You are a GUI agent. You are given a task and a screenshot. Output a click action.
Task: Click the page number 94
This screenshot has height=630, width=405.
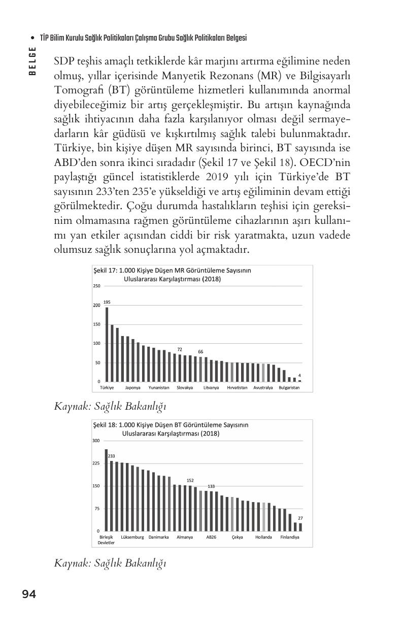coord(29,594)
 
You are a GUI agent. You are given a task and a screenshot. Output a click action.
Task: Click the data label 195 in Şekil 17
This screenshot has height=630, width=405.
coord(107,302)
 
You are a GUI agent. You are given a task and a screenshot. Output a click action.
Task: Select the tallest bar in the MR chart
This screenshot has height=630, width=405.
coord(107,344)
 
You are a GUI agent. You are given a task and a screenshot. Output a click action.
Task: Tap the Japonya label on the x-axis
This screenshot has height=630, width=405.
coord(132,387)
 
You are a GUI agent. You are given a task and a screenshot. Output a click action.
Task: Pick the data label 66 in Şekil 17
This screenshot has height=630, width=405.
coord(200,351)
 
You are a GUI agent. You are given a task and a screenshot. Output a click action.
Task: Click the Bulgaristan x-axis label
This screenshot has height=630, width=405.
coord(289,387)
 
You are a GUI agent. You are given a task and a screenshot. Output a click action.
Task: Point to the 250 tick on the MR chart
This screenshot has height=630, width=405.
coord(96,286)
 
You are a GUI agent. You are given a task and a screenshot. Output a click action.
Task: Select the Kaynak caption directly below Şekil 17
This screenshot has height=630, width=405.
coord(110,406)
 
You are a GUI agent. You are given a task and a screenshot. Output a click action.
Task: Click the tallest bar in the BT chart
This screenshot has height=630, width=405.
coord(106,490)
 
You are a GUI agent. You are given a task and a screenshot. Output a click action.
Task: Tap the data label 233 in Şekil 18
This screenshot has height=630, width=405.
coord(112,456)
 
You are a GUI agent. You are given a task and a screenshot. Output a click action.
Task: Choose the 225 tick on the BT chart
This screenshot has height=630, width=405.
coord(96,463)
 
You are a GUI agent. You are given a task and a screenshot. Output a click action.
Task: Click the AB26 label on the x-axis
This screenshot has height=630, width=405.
coord(211,537)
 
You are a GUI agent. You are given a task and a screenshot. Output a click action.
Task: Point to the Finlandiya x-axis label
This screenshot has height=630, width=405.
coord(290,537)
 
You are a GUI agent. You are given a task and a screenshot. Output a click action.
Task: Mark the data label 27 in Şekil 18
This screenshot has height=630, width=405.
coord(300,518)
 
